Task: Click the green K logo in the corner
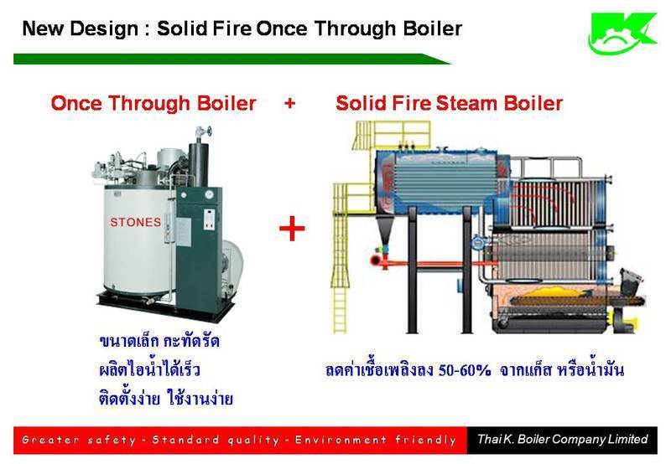[x=622, y=33]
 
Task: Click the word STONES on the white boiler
[x=136, y=222]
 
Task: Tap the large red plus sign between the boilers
[x=292, y=228]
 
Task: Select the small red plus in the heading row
[x=289, y=103]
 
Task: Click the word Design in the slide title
[x=104, y=28]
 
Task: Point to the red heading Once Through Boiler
[x=153, y=103]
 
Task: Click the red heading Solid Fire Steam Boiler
[x=449, y=103]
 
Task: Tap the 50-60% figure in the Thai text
[x=465, y=370]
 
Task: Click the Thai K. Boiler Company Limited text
[x=562, y=439]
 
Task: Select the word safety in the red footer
[x=112, y=440]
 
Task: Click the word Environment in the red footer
[x=341, y=440]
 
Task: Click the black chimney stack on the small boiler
[x=198, y=164]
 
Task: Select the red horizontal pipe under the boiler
[x=432, y=262]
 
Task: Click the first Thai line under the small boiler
[x=159, y=341]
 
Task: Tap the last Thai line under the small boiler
[x=166, y=398]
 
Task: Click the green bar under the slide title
[x=232, y=59]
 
